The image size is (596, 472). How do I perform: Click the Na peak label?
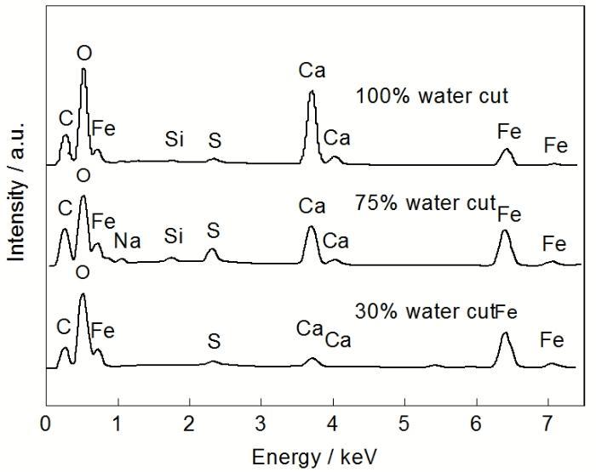[127, 241]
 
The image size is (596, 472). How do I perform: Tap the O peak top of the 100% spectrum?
[83, 70]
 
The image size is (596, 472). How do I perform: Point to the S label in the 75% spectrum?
[214, 230]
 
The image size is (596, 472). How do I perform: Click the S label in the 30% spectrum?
[214, 342]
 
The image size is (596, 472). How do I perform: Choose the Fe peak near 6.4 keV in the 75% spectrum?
[505, 231]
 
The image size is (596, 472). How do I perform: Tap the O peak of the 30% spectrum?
[83, 295]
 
